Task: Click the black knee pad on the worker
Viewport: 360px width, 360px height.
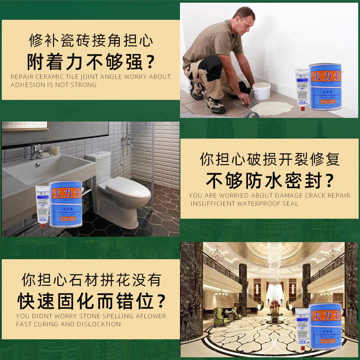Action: [210, 68]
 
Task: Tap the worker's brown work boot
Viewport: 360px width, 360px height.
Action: [215, 104]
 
